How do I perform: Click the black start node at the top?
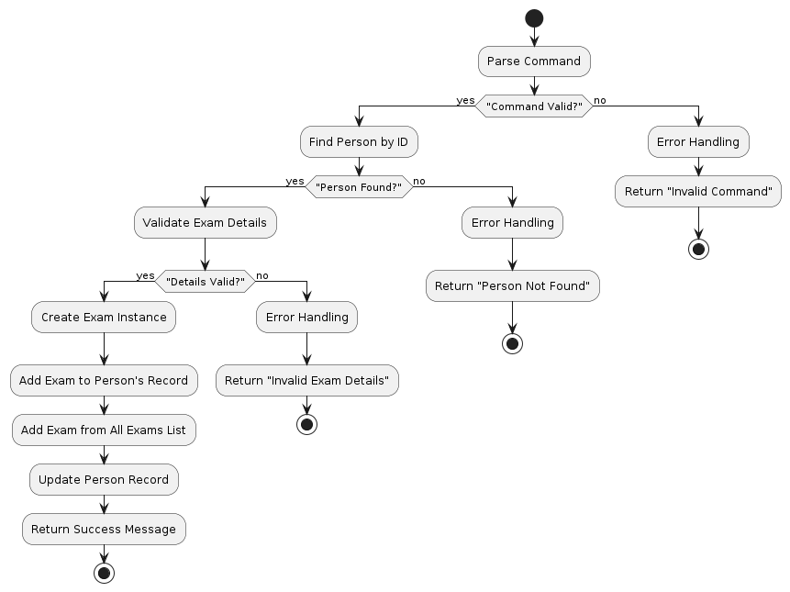[x=533, y=18]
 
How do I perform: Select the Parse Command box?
[x=533, y=61]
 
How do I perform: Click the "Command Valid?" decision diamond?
[x=533, y=106]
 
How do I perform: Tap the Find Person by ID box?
[x=359, y=142]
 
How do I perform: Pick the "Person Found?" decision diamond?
[x=359, y=187]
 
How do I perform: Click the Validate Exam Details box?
[x=205, y=223]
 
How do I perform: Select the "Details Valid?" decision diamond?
[x=205, y=281]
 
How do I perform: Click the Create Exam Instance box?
[x=104, y=318]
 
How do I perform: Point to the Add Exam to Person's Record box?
[x=104, y=380]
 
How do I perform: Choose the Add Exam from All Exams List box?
[x=104, y=430]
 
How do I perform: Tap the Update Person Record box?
[x=104, y=479]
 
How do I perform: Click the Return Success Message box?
[x=104, y=529]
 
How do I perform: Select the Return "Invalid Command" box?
[x=698, y=191]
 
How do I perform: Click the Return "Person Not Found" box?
[x=512, y=285]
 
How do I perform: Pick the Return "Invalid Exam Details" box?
[x=306, y=380]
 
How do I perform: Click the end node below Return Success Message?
[x=104, y=574]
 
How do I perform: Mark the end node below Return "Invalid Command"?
[x=698, y=249]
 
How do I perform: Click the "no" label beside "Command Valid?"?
[x=600, y=99]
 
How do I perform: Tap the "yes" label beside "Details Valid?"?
[x=145, y=275]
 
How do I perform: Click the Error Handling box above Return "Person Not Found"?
[x=512, y=223]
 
